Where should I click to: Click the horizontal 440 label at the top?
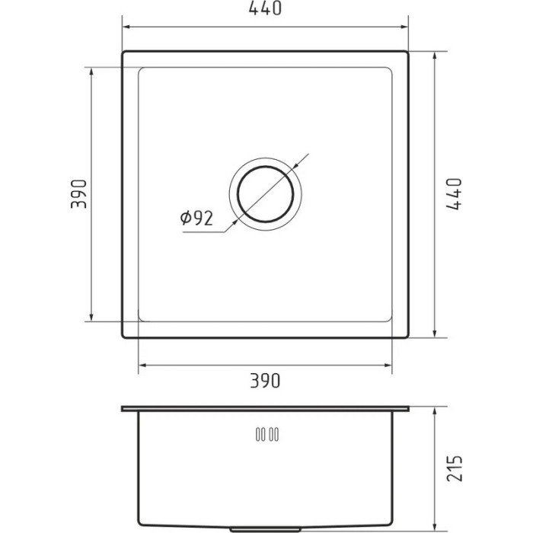[265, 8]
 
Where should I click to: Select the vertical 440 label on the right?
[454, 193]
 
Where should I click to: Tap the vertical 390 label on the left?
[79, 193]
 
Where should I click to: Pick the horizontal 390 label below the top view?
[265, 381]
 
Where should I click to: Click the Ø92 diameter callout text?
[196, 219]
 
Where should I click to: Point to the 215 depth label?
[455, 468]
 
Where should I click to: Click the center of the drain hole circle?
[265, 194]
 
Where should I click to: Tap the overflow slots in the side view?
[267, 435]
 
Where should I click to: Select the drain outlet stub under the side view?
[265, 530]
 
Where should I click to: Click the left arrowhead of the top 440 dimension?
[126, 27]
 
